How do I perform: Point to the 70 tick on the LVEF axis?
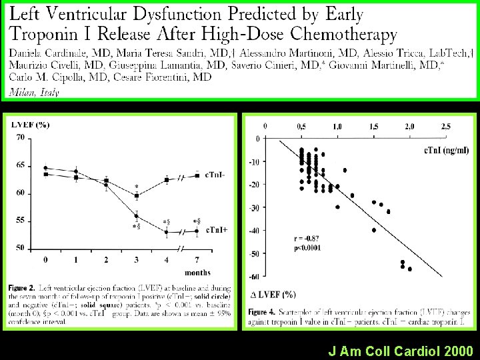click(21, 137)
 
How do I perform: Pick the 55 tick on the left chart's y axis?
click(21, 220)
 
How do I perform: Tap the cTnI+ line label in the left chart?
click(216, 230)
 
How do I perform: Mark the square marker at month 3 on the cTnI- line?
click(136, 196)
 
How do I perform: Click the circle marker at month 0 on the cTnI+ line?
click(45, 168)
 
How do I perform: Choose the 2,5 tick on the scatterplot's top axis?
click(445, 126)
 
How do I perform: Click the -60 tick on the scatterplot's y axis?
click(253, 277)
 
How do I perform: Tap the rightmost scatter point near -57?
click(409, 269)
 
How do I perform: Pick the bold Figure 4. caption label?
click(263, 312)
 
